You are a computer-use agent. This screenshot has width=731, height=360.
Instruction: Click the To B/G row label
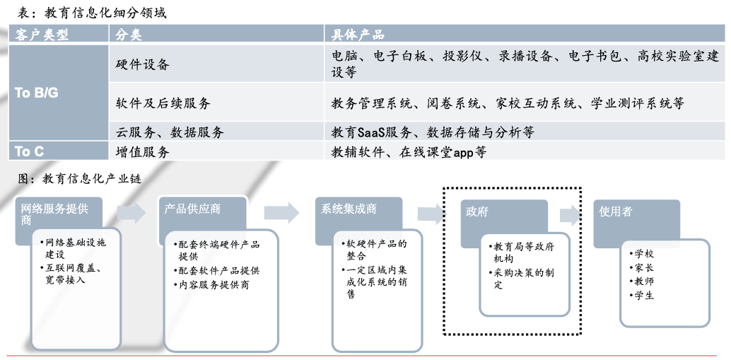tap(37, 93)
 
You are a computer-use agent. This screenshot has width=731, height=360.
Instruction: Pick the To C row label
tap(30, 151)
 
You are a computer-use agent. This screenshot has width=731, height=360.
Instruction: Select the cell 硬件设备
tap(143, 64)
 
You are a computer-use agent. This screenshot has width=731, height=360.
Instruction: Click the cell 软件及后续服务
tap(163, 103)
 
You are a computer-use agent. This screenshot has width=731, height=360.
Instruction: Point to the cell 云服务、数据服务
tap(170, 132)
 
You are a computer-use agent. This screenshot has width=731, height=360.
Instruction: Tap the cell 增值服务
tap(143, 151)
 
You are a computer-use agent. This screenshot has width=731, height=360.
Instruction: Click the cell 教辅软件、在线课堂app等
tap(409, 151)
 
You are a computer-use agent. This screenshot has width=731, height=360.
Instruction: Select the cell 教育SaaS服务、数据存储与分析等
tap(433, 132)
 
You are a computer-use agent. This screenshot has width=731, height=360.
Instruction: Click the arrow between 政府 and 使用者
tap(570, 216)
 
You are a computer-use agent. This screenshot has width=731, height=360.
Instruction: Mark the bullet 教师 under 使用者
tap(644, 281)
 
